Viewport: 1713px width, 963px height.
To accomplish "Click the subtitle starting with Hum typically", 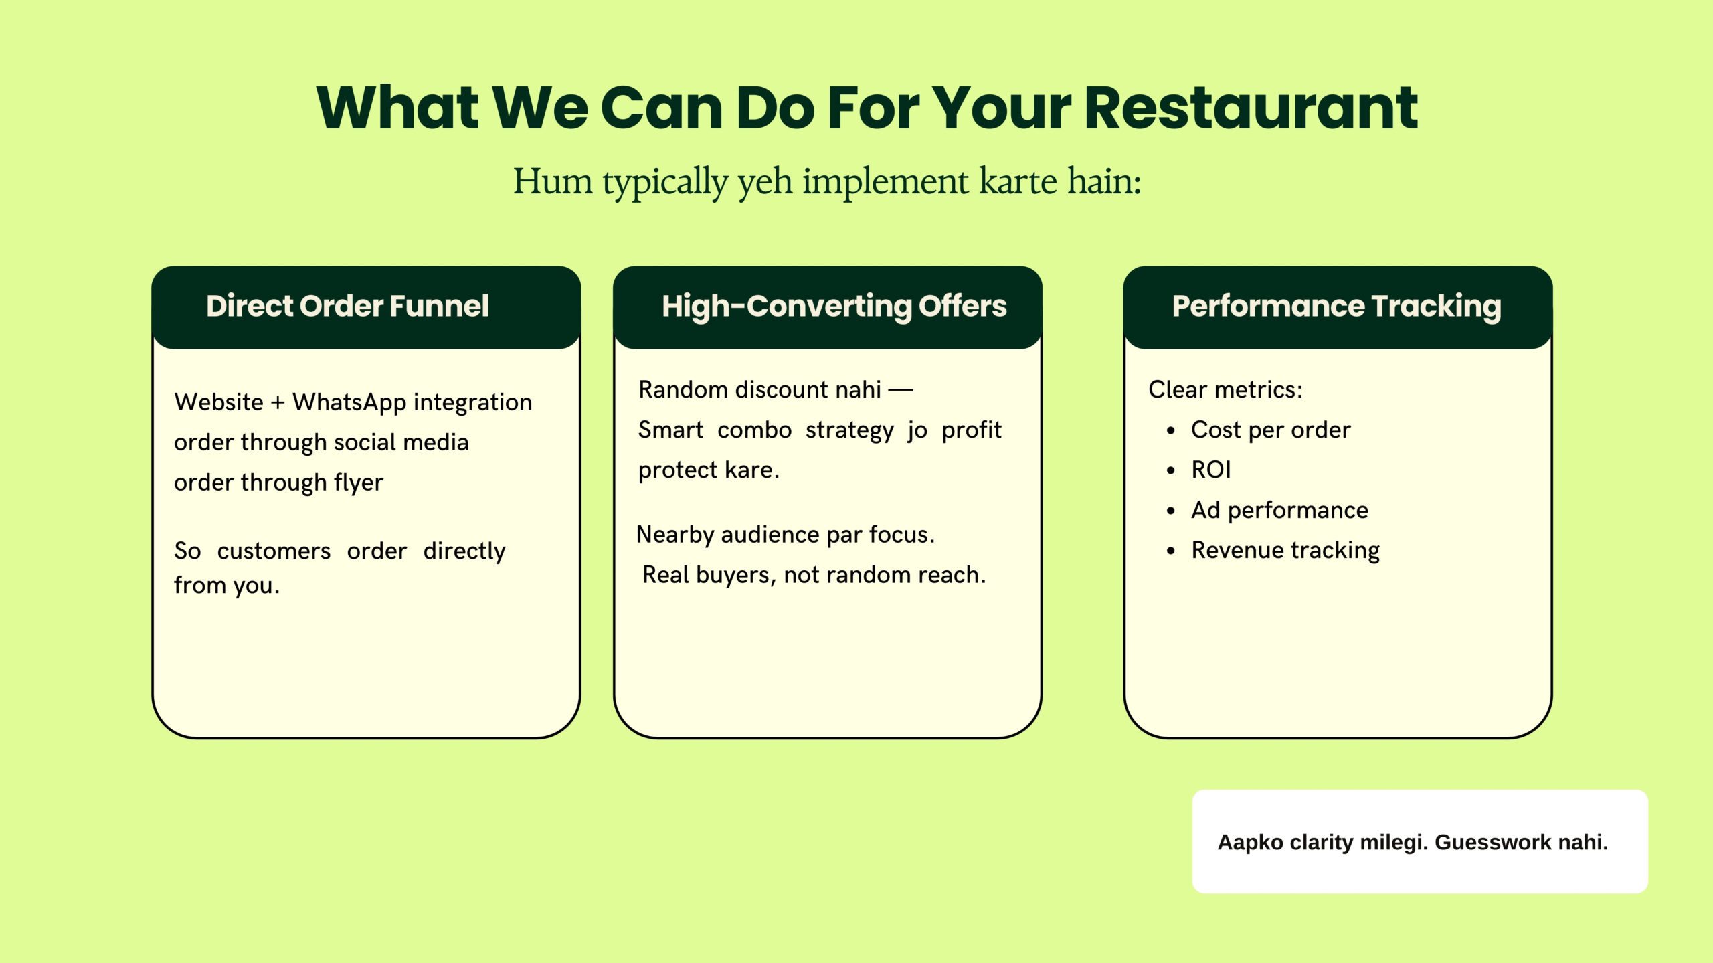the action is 827,181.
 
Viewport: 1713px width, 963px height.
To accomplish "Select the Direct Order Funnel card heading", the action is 347,306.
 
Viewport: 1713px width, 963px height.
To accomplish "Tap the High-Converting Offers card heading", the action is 834,307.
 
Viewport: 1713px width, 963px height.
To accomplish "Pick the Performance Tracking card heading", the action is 1336,307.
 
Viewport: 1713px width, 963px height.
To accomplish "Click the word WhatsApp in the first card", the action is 349,402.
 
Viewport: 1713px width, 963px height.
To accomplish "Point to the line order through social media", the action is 321,442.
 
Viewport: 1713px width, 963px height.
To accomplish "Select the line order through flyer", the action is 278,483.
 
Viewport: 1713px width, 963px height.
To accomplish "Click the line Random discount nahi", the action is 776,389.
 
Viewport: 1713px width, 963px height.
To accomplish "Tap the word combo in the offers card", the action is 754,430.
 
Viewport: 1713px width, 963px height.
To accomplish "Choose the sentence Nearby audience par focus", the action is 785,535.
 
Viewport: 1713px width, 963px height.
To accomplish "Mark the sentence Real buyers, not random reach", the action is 814,575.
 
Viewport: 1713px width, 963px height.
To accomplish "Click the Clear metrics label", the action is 1225,389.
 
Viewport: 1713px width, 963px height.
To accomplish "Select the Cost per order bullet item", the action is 1271,430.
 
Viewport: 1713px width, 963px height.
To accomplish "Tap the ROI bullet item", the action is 1211,470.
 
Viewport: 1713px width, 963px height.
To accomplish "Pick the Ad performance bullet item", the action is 1279,510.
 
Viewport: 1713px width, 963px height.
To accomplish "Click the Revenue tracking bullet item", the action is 1285,550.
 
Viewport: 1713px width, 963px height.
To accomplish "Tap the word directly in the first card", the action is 464,551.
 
